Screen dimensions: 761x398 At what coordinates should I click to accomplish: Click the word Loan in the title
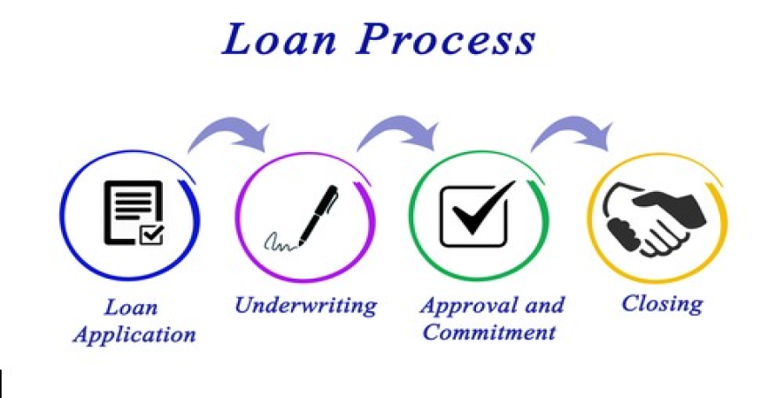(279, 38)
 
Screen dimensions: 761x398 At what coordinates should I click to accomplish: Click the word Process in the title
(446, 38)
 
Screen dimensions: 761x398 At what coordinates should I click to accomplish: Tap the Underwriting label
(306, 306)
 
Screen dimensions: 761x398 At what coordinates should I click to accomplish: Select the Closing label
(662, 304)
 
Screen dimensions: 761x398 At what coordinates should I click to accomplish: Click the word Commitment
(488, 333)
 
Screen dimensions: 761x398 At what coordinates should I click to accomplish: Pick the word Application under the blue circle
(135, 335)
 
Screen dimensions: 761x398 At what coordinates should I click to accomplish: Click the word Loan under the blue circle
(131, 308)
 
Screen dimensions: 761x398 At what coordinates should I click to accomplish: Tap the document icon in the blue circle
(134, 212)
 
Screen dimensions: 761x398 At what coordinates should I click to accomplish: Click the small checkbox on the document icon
(151, 235)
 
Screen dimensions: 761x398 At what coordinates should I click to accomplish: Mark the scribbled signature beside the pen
(281, 242)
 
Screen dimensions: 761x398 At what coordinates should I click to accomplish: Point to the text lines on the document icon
(133, 203)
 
